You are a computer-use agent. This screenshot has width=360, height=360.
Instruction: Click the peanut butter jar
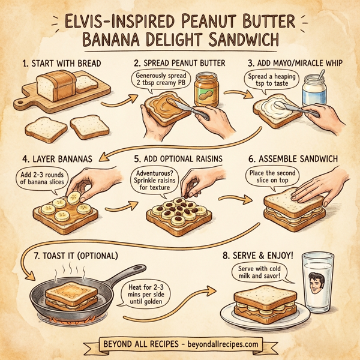pyautogui.click(x=206, y=89)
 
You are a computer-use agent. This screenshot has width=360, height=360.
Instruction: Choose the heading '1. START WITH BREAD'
pyautogui.click(x=62, y=62)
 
